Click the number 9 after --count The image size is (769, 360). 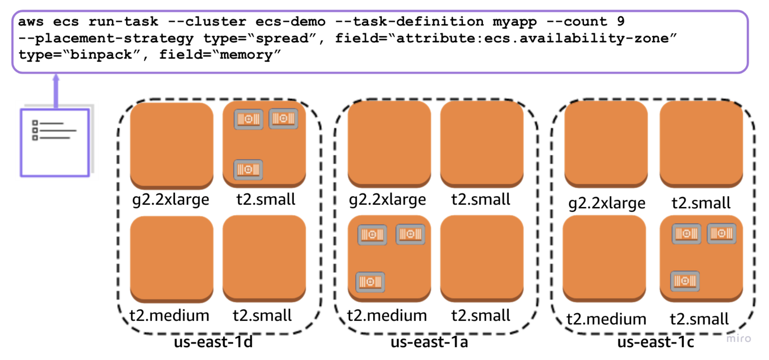click(x=621, y=21)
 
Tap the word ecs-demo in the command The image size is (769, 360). click(x=290, y=21)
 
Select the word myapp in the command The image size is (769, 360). click(x=514, y=22)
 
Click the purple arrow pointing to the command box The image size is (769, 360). click(x=56, y=91)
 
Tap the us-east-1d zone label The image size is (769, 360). click(x=213, y=342)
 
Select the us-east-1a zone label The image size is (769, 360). click(x=429, y=342)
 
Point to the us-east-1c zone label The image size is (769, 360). click(x=656, y=342)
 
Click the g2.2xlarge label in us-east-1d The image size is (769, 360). click(x=170, y=199)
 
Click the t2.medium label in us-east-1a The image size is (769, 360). click(x=387, y=315)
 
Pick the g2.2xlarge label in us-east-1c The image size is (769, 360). click(x=607, y=203)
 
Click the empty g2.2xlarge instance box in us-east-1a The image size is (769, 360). click(x=389, y=143)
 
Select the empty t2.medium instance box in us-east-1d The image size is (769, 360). click(x=172, y=258)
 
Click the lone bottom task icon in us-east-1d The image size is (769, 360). click(x=248, y=169)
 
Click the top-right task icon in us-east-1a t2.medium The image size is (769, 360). click(x=410, y=234)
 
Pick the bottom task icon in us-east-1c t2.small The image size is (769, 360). click(x=685, y=281)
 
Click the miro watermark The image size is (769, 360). click(x=738, y=338)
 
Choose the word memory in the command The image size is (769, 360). click(x=246, y=55)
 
